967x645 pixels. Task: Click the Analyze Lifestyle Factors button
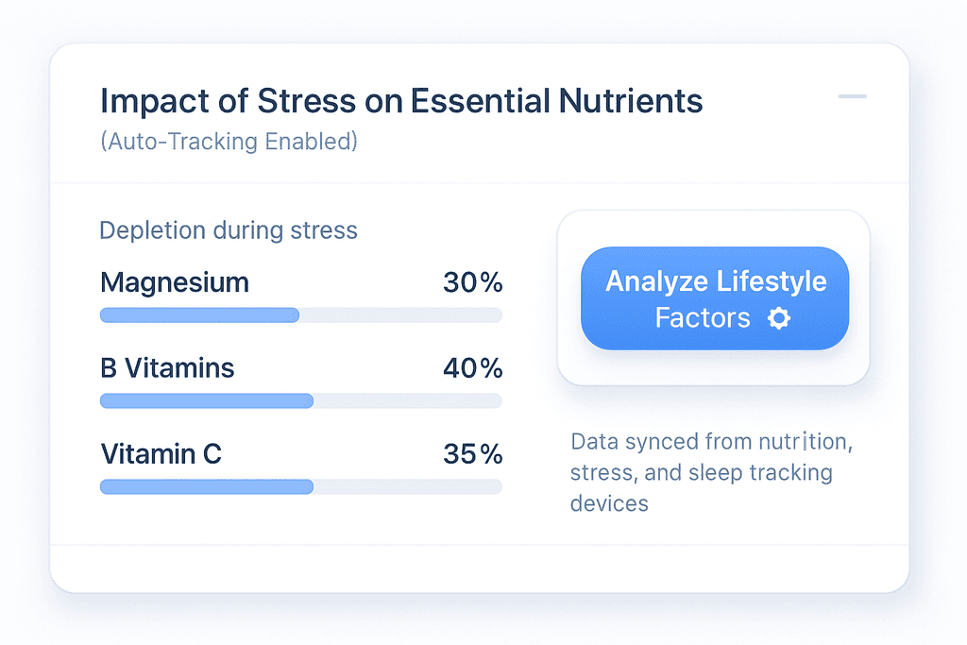click(714, 298)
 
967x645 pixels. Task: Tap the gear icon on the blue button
click(779, 318)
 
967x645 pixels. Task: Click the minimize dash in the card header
click(852, 96)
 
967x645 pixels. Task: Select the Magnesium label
click(175, 282)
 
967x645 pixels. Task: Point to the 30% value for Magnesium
click(472, 282)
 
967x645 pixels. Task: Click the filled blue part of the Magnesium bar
click(199, 315)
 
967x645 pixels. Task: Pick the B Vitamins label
click(167, 368)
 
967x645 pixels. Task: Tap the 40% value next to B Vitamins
click(472, 368)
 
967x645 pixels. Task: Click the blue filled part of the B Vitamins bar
click(206, 401)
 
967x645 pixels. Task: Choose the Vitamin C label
click(161, 454)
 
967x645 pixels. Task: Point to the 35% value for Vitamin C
click(472, 454)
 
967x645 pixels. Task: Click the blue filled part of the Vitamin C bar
click(206, 487)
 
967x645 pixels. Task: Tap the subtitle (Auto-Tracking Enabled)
click(229, 143)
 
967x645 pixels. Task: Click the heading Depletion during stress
click(229, 230)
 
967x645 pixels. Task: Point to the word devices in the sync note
click(609, 503)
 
